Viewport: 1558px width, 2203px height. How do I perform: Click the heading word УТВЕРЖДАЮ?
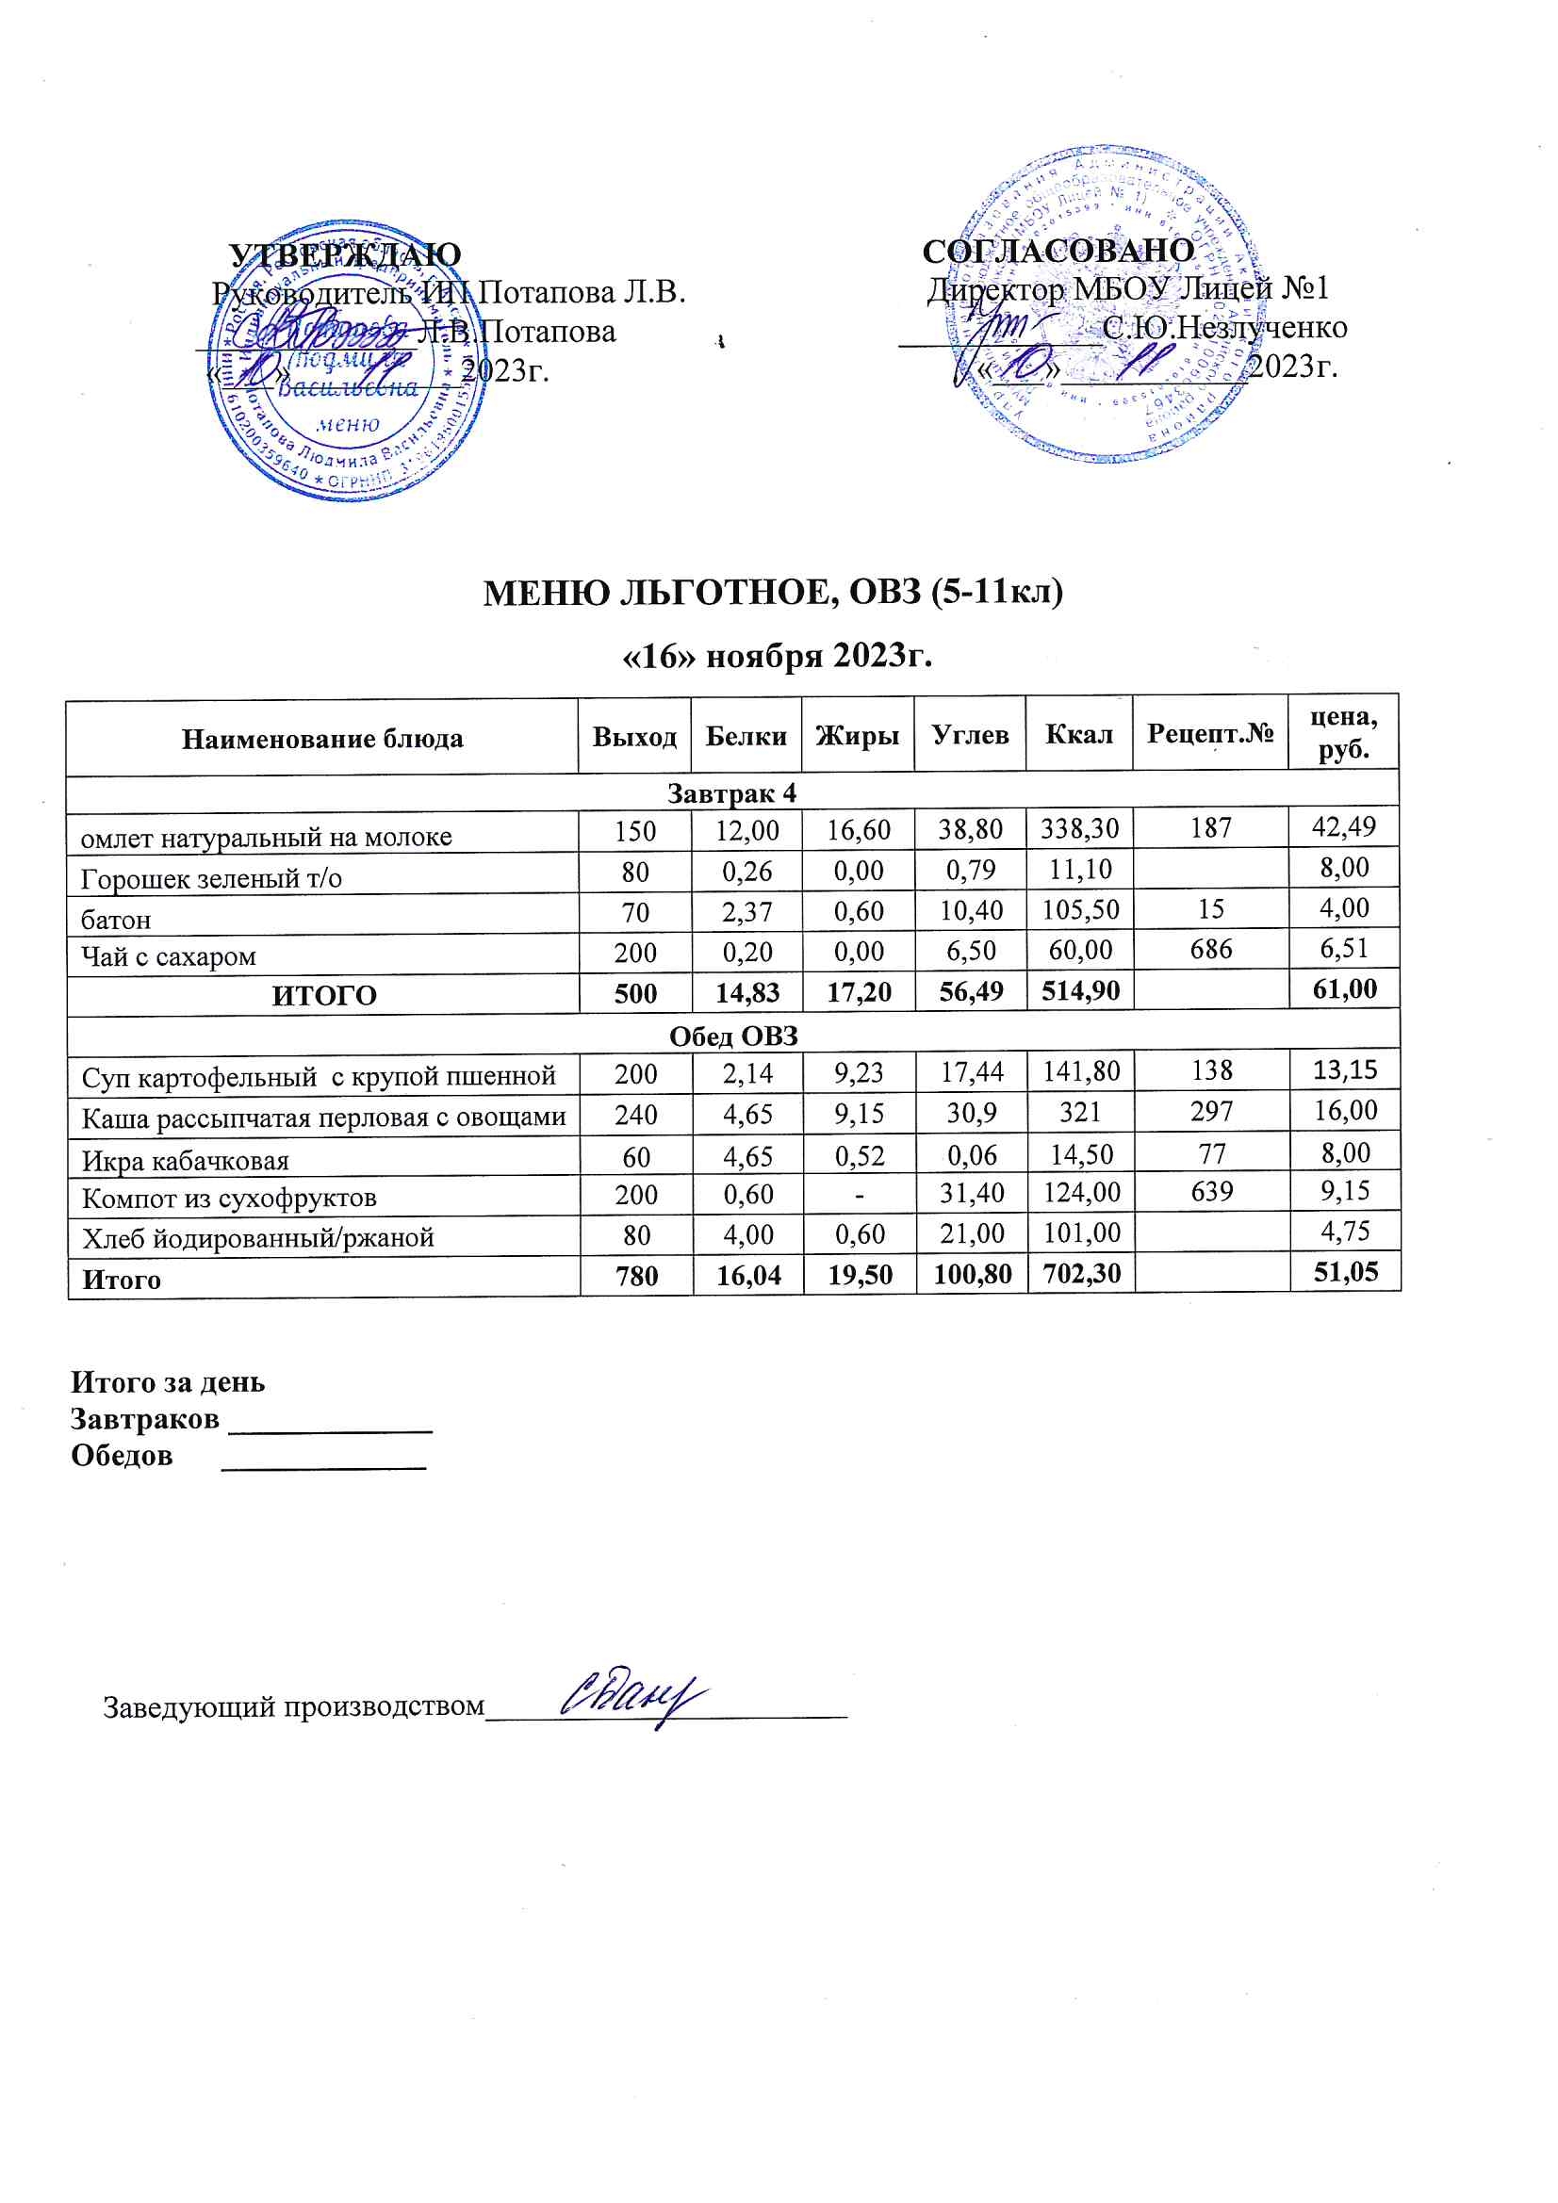345,255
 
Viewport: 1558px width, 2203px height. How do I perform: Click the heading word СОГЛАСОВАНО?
1058,252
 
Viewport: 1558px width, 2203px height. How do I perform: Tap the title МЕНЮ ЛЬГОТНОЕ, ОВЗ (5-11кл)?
773,593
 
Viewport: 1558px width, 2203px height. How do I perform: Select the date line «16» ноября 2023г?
778,657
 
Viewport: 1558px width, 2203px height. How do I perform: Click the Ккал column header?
1078,735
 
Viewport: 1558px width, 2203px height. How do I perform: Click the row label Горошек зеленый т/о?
211,878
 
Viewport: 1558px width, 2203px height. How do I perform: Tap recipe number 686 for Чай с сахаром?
1210,949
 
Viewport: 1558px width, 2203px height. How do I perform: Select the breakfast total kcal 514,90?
1080,991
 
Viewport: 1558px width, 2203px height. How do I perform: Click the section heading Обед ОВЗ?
733,1036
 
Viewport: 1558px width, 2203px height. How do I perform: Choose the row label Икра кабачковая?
186,1161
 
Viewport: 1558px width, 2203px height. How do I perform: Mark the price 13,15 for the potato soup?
1344,1069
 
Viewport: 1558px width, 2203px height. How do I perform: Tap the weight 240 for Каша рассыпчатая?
635,1114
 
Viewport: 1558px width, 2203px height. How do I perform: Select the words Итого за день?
168,1382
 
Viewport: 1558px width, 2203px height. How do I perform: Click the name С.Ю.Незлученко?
1224,328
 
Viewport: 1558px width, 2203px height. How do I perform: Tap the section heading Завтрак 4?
731,793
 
